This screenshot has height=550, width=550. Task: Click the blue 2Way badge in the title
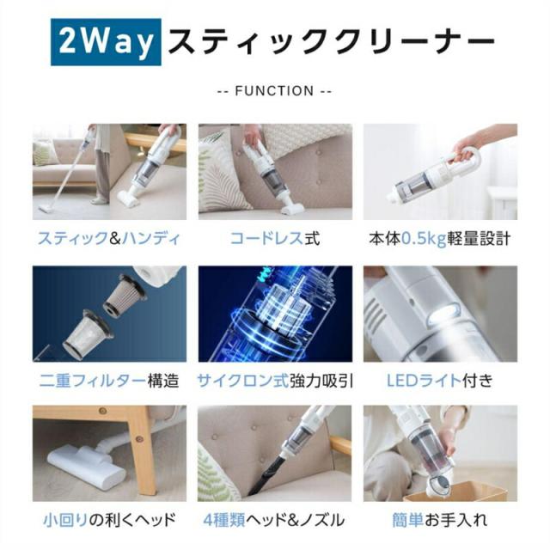106,42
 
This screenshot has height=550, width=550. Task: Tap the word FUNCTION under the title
274,91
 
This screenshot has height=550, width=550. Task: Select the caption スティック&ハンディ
109,239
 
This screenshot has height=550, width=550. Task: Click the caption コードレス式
275,239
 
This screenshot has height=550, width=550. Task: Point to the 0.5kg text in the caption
424,239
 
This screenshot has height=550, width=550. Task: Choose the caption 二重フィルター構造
109,381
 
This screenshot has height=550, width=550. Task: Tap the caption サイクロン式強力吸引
275,381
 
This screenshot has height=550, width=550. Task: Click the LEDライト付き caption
440,381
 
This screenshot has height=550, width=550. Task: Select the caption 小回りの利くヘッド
109,520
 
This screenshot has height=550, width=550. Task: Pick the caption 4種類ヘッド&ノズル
274,520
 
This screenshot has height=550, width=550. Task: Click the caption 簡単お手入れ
440,520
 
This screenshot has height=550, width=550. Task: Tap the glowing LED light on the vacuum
443,312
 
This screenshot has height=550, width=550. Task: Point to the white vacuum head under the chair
86,466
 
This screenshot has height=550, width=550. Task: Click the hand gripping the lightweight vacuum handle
467,149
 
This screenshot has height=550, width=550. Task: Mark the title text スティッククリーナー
332,42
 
